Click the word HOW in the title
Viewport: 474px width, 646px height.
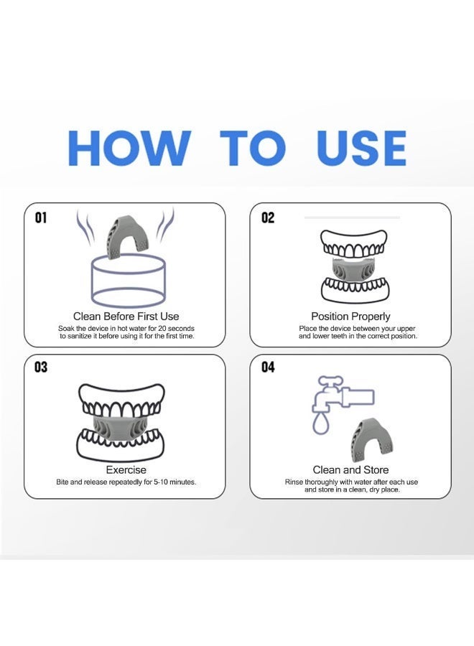[x=129, y=148]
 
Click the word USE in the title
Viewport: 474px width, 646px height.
[x=361, y=148]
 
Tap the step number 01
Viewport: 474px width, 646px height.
[x=40, y=217]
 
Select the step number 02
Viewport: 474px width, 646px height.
[x=268, y=217]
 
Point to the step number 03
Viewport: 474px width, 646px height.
[x=41, y=367]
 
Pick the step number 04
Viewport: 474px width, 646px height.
[x=268, y=367]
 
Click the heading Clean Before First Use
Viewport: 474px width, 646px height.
[x=126, y=317]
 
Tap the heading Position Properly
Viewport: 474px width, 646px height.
[x=350, y=317]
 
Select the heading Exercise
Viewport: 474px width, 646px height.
[x=126, y=469]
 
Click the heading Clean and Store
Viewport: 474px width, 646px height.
[x=350, y=469]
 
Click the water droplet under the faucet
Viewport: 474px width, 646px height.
[x=321, y=424]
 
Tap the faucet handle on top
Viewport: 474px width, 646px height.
[x=330, y=380]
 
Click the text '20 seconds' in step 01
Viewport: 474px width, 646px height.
[x=176, y=328]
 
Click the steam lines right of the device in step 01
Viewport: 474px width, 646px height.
[x=165, y=227]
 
